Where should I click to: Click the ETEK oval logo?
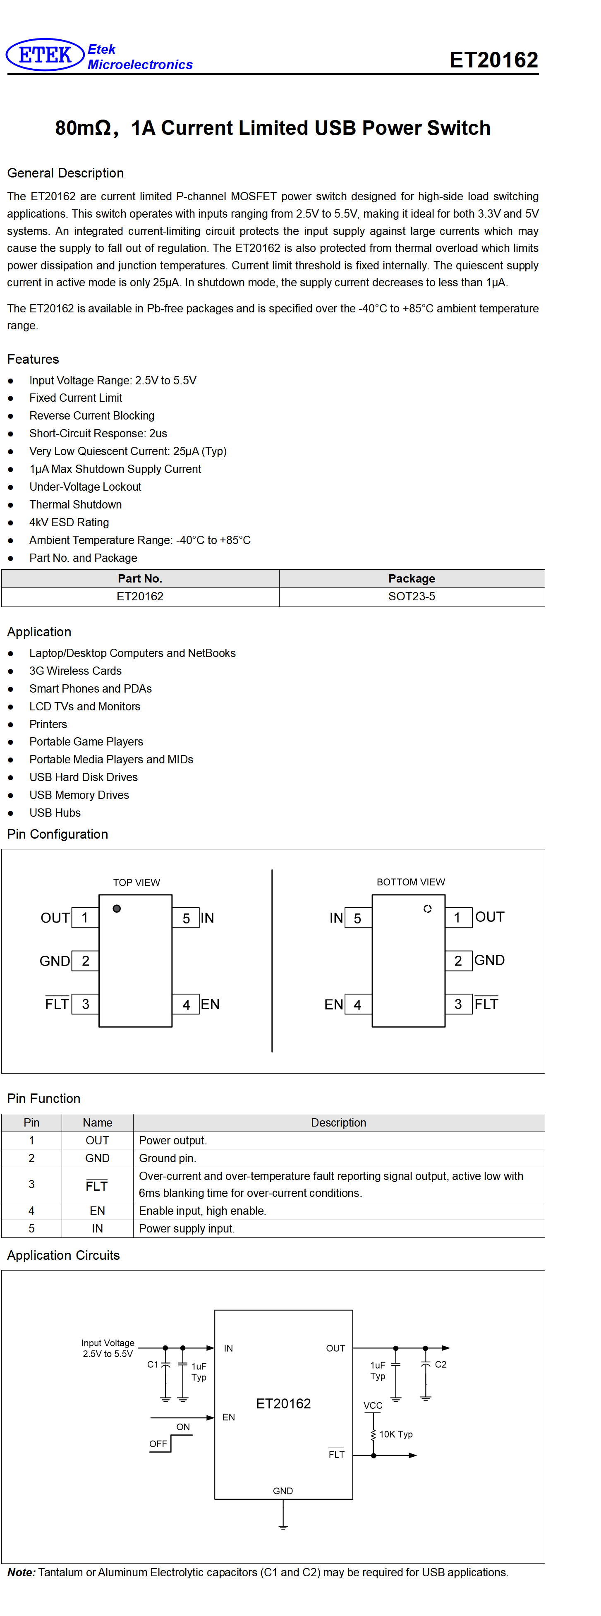[x=45, y=55]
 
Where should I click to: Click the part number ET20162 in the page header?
[x=494, y=60]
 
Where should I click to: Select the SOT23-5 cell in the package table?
[x=412, y=597]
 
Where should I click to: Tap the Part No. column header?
[x=140, y=578]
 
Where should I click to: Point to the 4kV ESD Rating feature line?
[x=69, y=523]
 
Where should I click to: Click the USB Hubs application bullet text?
[x=55, y=813]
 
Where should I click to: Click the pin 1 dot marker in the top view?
[x=117, y=909]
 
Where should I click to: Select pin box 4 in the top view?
[x=186, y=1005]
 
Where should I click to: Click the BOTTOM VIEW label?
[x=411, y=882]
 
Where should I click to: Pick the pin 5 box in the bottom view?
[x=358, y=918]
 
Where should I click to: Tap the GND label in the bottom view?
[x=489, y=960]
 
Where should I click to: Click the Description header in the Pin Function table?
[x=339, y=1122]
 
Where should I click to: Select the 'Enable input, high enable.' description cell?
[x=339, y=1211]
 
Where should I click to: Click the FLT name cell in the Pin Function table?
[x=97, y=1184]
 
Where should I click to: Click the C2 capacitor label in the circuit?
[x=441, y=1364]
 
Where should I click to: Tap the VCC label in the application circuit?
[x=373, y=1406]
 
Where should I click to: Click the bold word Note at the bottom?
[x=22, y=1572]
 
